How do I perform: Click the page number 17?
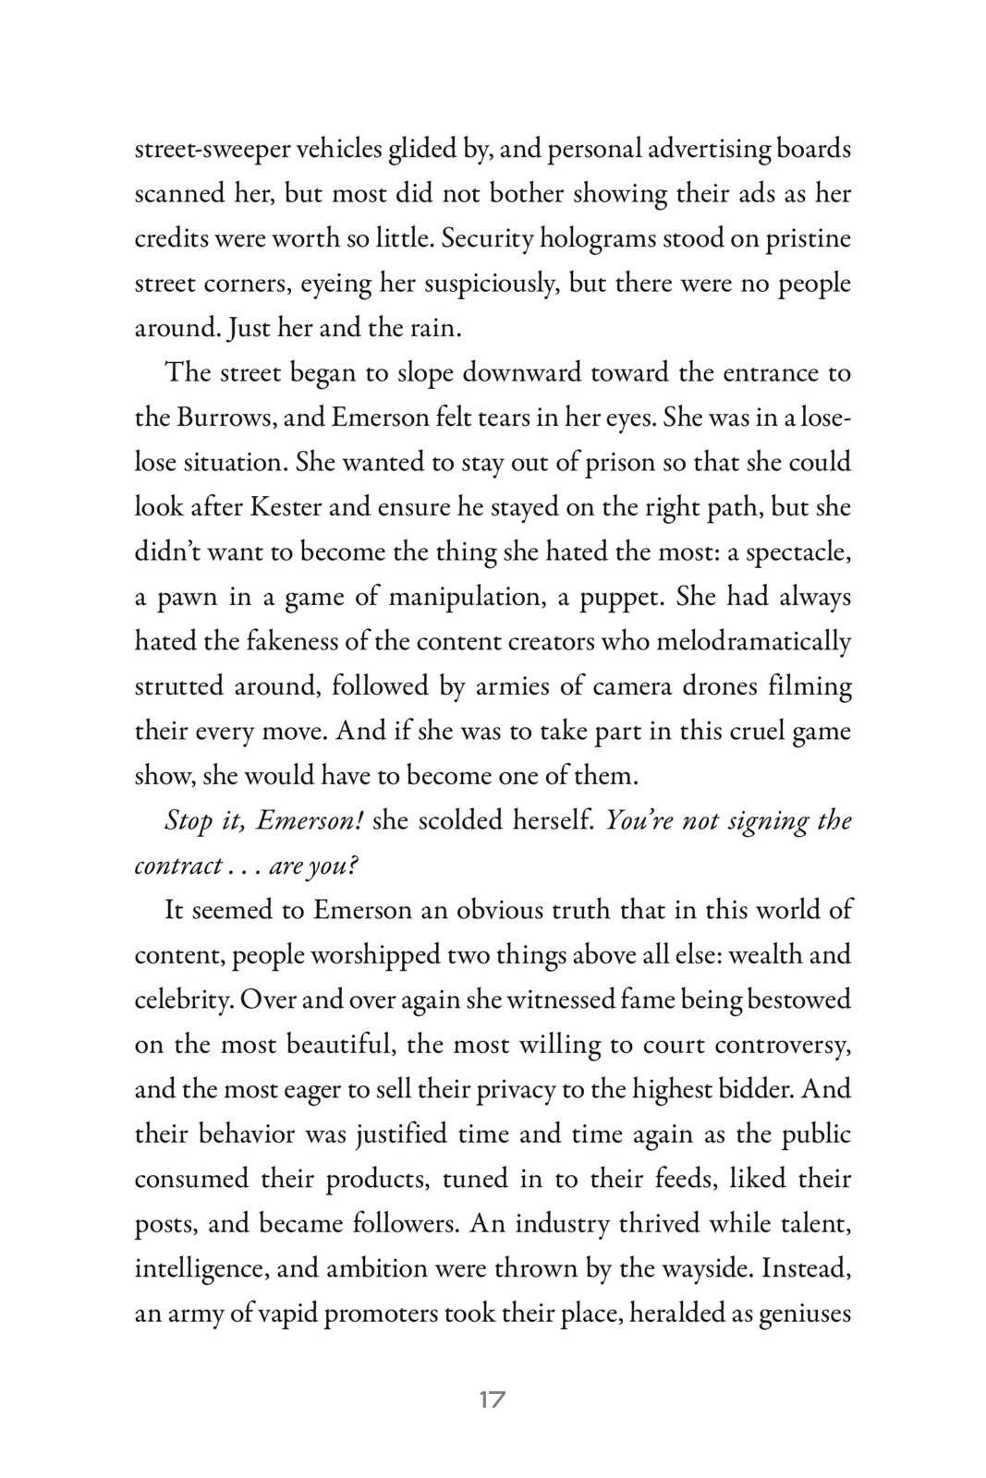(x=493, y=1399)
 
